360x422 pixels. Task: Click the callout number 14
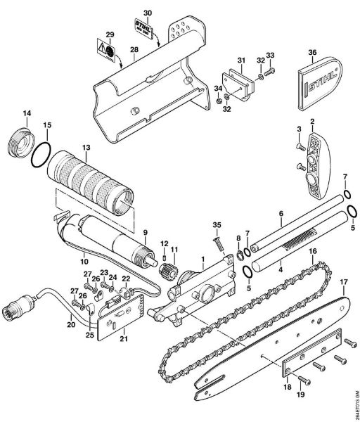[x=27, y=113]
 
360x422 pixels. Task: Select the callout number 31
[x=239, y=58]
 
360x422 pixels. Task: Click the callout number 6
[x=280, y=212]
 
